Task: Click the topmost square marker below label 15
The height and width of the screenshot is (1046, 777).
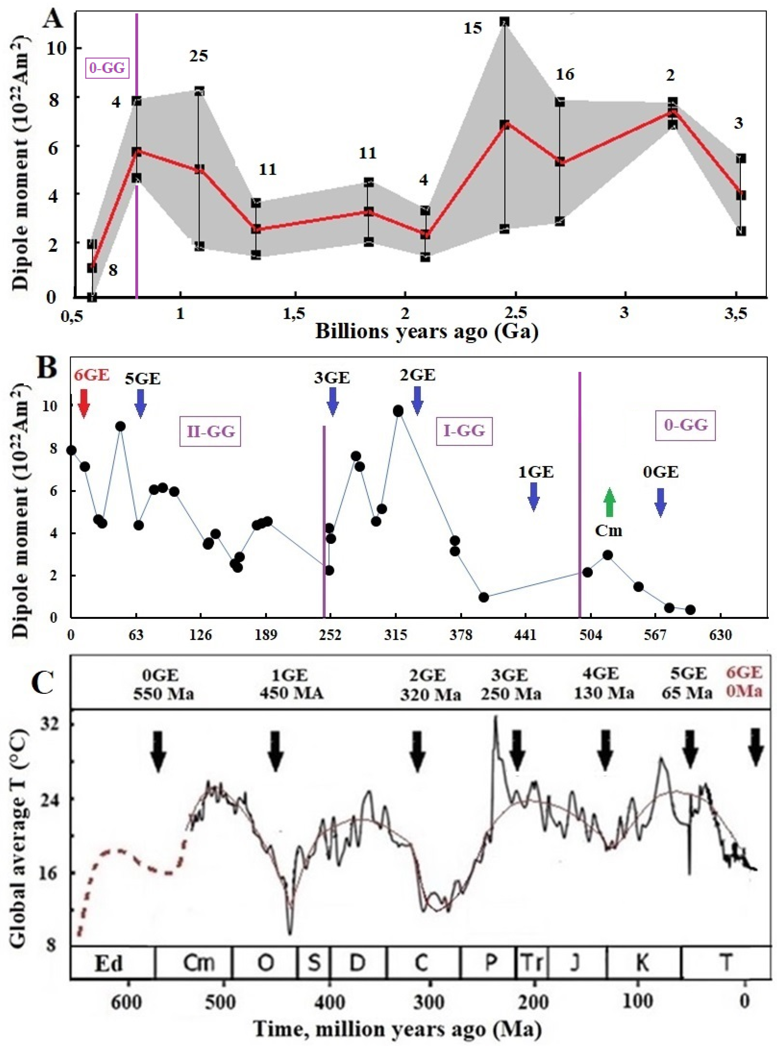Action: (x=505, y=22)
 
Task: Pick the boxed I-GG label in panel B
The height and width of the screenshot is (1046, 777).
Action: (x=464, y=430)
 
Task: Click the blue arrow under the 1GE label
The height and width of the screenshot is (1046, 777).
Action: (x=533, y=497)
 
